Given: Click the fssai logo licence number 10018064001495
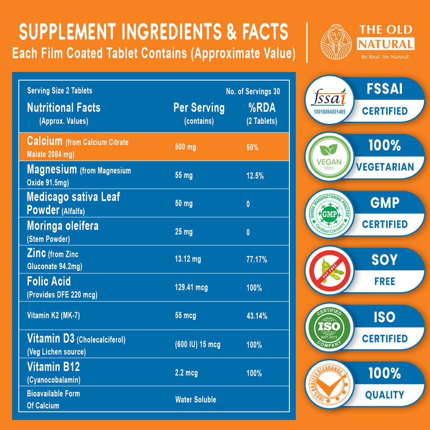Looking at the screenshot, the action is [x=329, y=112].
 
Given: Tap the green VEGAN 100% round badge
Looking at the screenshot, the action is [x=329, y=157].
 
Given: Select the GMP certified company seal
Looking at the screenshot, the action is [x=329, y=214].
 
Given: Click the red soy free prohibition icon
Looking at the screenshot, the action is [x=330, y=271].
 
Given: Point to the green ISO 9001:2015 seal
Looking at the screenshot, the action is [x=329, y=328].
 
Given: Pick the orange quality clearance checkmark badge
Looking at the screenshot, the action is [x=329, y=385].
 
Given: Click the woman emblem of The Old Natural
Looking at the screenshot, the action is [x=336, y=42].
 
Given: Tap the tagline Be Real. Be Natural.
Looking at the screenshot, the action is [x=385, y=57].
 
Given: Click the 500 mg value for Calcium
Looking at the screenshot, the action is [x=185, y=147].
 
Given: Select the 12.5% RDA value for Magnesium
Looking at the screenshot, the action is [x=255, y=176].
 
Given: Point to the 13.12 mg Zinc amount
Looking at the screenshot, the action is [x=188, y=259].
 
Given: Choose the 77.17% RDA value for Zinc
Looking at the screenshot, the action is [x=257, y=260].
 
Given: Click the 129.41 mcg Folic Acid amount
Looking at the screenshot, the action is [x=191, y=287].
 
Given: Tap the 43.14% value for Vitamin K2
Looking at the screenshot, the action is [x=257, y=316].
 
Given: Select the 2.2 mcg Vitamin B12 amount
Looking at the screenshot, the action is [x=186, y=373].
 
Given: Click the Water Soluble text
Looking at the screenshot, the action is [x=196, y=400].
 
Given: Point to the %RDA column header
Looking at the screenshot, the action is [x=262, y=107].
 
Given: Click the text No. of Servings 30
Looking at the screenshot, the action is [x=253, y=92].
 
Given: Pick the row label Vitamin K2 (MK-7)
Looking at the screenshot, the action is [x=53, y=315].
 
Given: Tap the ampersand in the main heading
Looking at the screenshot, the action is [x=232, y=31].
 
